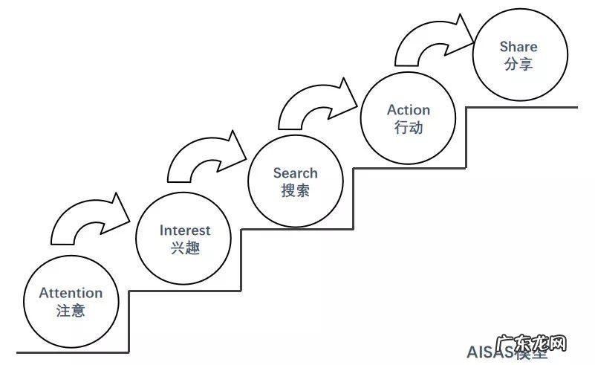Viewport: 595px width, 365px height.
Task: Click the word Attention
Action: (x=71, y=293)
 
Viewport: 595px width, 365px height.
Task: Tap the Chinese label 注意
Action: (x=71, y=311)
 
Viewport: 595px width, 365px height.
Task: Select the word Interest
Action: (x=185, y=230)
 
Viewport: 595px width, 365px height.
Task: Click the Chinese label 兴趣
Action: (x=185, y=248)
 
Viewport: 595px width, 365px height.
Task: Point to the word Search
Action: (x=295, y=173)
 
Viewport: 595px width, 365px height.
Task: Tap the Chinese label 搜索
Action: (x=295, y=190)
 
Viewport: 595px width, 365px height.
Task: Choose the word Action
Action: (x=409, y=110)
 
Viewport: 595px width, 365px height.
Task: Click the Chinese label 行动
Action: (x=409, y=127)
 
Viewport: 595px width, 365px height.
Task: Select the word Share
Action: (x=518, y=47)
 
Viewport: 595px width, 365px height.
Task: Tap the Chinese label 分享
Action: (x=518, y=65)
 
